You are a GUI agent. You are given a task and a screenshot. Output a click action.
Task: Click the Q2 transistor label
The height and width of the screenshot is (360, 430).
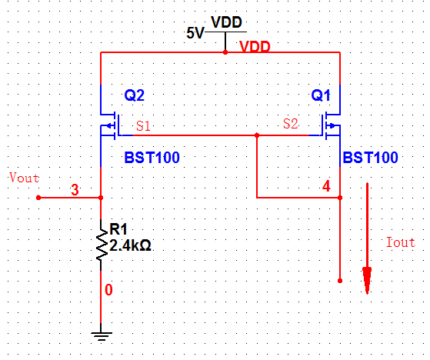pyautogui.click(x=135, y=96)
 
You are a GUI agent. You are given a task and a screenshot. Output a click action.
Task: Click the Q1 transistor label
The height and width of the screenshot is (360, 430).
pyautogui.click(x=321, y=96)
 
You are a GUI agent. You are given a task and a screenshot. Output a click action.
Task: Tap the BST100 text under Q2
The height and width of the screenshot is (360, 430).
pyautogui.click(x=152, y=158)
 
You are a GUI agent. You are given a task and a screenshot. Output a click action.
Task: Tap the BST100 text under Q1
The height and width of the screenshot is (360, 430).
pyautogui.click(x=371, y=158)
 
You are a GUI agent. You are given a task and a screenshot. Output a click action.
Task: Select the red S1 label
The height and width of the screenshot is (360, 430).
pyautogui.click(x=143, y=125)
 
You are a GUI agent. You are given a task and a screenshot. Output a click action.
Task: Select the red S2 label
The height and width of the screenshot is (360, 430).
pyautogui.click(x=291, y=123)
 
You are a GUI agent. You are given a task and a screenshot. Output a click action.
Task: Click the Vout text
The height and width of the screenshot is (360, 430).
pyautogui.click(x=23, y=178)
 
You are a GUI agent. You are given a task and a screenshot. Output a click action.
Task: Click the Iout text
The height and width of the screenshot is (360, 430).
pyautogui.click(x=400, y=242)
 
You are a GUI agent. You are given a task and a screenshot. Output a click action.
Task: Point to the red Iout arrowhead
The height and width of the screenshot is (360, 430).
pyautogui.click(x=368, y=280)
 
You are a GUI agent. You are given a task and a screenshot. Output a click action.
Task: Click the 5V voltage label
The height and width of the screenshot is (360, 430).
pyautogui.click(x=196, y=33)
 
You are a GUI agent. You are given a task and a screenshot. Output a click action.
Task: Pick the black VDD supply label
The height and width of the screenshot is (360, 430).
pyautogui.click(x=226, y=22)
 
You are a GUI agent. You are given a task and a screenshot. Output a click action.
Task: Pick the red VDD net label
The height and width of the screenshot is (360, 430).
pyautogui.click(x=255, y=47)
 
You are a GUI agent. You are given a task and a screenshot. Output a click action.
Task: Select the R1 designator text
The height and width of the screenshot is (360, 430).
pyautogui.click(x=119, y=229)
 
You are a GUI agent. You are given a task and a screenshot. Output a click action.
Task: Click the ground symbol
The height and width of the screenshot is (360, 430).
pyautogui.click(x=101, y=335)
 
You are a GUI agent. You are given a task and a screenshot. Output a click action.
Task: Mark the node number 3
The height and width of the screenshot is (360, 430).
pyautogui.click(x=75, y=190)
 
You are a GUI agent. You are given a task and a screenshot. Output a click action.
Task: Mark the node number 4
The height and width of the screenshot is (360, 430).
pyautogui.click(x=326, y=187)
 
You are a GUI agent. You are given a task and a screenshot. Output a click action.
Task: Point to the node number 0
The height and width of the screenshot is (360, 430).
pyautogui.click(x=108, y=290)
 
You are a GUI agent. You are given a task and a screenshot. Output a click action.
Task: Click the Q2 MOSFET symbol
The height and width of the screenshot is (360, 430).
pyautogui.click(x=108, y=124)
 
